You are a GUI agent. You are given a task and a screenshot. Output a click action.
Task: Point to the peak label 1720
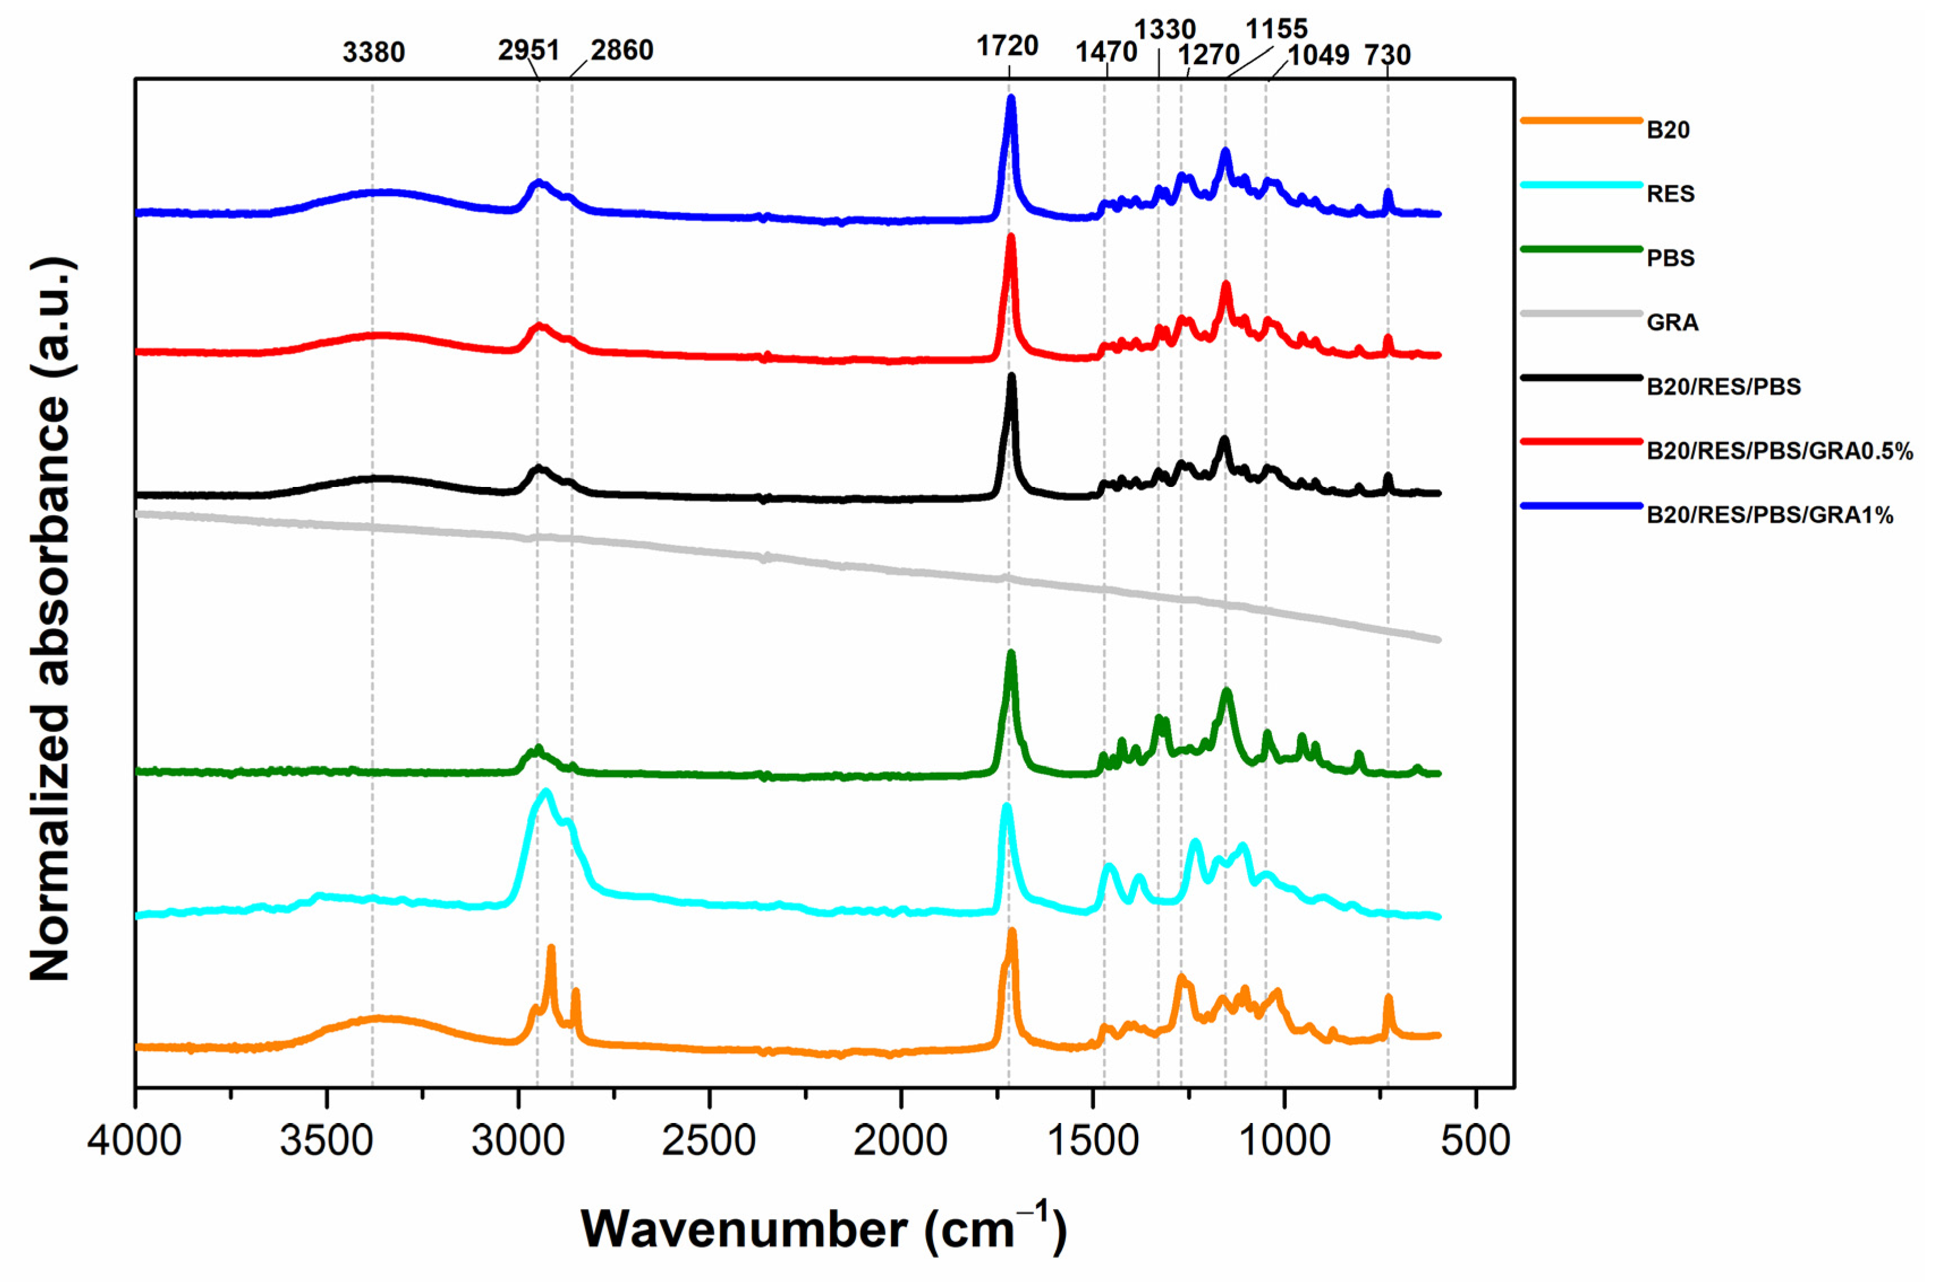(x=1007, y=46)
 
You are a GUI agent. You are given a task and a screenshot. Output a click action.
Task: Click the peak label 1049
(x=1318, y=56)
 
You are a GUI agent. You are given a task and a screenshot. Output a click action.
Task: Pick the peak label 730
(x=1387, y=56)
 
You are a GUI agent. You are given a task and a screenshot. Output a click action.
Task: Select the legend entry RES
(x=1670, y=194)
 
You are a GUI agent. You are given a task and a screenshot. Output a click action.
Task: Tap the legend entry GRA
(x=1672, y=323)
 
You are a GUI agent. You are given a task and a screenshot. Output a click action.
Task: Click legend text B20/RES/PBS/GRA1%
(x=1770, y=515)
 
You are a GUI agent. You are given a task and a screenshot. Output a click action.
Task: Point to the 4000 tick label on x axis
(x=135, y=1141)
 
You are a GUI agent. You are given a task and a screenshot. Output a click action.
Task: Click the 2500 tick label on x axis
(x=709, y=1141)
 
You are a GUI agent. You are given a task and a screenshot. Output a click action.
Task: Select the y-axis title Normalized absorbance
(x=51, y=619)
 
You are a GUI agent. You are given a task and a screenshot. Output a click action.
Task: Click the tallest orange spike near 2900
(x=551, y=948)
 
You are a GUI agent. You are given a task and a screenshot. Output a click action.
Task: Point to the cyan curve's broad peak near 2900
(x=546, y=792)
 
